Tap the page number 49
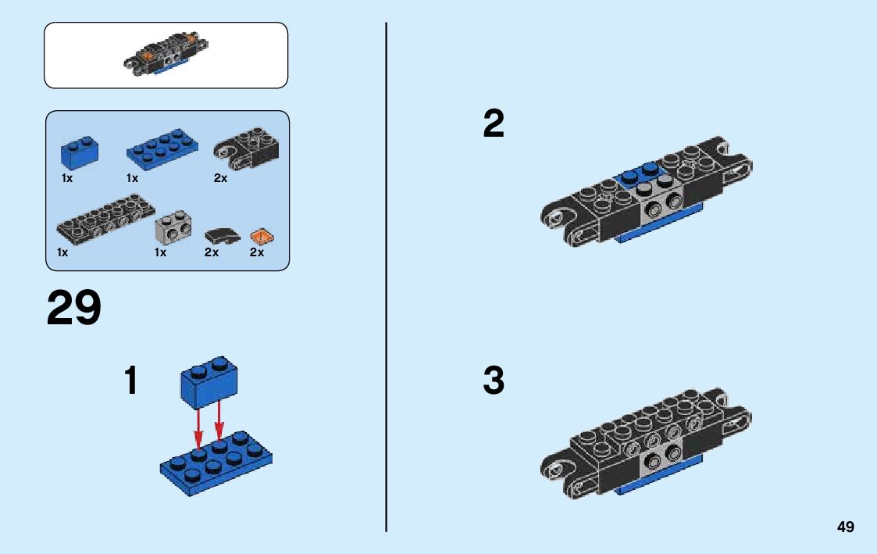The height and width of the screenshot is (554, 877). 846,527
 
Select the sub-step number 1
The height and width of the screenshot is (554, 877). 131,380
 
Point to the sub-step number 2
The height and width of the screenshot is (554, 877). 494,123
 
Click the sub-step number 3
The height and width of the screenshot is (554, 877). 494,380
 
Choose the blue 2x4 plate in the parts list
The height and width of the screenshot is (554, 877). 162,148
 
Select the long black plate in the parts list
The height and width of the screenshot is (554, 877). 105,219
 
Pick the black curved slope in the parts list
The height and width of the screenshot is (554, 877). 222,236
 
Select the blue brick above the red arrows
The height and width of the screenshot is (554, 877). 209,381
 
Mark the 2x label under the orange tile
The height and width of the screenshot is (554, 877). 257,252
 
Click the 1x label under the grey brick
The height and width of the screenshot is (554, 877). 161,252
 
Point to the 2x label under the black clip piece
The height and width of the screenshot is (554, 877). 220,178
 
